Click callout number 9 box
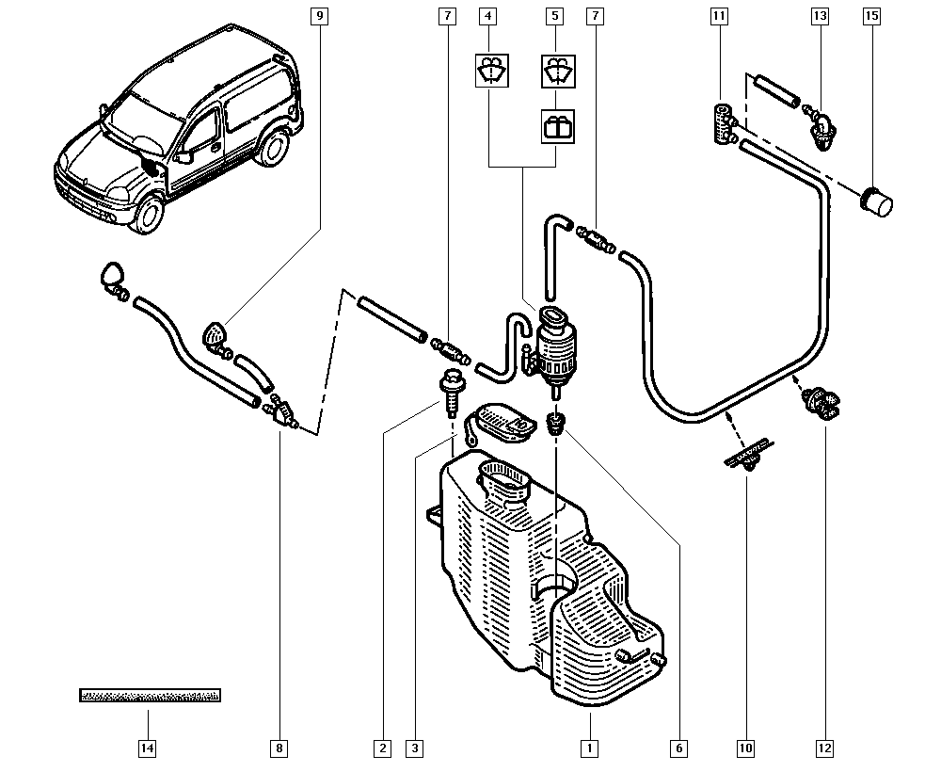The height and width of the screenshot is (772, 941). [x=320, y=16]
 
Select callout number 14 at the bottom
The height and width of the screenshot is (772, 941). [x=148, y=749]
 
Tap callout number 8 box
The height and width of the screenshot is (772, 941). [x=279, y=749]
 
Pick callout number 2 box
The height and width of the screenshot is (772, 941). [x=382, y=749]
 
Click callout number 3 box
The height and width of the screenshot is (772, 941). [x=414, y=749]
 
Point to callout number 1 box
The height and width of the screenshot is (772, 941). [x=589, y=749]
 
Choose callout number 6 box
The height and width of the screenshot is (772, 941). [x=678, y=749]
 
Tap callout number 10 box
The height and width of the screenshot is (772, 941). [x=745, y=749]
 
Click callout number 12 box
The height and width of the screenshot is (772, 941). [x=825, y=749]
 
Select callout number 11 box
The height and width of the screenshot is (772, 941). [x=719, y=16]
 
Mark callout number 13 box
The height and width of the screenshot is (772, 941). [x=820, y=16]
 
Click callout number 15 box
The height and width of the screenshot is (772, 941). [x=869, y=16]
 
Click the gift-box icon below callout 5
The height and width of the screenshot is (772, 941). [x=556, y=126]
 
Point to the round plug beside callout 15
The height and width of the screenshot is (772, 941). [x=877, y=201]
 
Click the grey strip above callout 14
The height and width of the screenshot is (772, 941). [x=150, y=696]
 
